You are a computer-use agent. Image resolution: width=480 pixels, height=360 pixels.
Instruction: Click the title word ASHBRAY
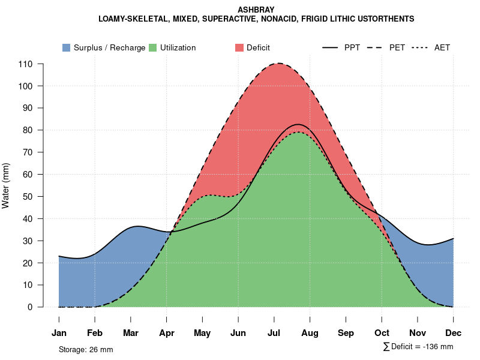click(256, 10)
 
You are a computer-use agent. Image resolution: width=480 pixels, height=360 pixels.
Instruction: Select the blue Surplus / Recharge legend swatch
click(66, 47)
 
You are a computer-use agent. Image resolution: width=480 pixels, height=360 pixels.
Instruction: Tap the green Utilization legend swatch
click(152, 47)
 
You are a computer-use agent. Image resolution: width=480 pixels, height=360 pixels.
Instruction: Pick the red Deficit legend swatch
click(239, 47)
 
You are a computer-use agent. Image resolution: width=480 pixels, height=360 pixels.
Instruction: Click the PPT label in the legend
click(352, 47)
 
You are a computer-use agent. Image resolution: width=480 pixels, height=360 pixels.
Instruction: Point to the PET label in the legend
click(397, 47)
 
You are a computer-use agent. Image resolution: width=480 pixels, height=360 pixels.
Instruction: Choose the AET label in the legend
click(442, 47)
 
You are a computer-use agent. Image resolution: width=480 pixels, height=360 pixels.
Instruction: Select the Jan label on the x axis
click(59, 333)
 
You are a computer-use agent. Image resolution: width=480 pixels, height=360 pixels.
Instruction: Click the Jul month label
click(274, 333)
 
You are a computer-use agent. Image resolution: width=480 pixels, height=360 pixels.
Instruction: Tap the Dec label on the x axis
click(454, 333)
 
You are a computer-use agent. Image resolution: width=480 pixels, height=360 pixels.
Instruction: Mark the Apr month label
click(167, 333)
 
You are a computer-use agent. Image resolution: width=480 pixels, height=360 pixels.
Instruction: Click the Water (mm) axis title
click(6, 185)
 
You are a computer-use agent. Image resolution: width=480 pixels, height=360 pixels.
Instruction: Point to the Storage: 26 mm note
click(86, 349)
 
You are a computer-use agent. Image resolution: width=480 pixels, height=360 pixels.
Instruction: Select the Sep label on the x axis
click(346, 333)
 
